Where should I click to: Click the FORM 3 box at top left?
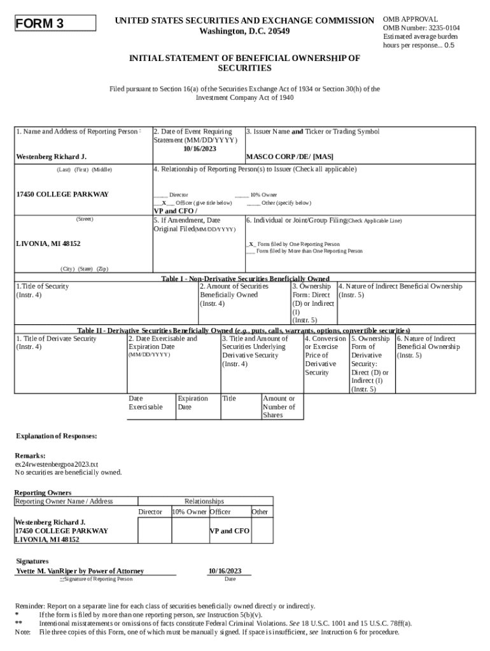pos(55,24)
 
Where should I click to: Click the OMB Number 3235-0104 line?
pos(421,28)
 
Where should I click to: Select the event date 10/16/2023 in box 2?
pos(200,148)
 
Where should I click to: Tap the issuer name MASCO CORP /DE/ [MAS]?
pos(290,156)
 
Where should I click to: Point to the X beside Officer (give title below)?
pos(164,202)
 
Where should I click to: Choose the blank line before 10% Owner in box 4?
pos(241,195)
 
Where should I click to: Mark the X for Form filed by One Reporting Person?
pos(252,244)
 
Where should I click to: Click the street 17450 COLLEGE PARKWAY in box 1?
pos(62,195)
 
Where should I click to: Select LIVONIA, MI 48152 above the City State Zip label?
pos(48,244)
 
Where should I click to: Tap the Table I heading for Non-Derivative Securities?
pos(245,278)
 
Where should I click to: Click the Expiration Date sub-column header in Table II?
pos(193,402)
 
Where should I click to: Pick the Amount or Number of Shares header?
pos(279,407)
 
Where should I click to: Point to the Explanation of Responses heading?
pos(57,436)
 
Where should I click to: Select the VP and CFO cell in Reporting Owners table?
pos(230,531)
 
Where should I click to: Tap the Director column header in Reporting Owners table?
pos(150,512)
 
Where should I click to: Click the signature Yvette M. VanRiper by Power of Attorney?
pos(80,571)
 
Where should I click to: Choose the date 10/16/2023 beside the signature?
pos(225,571)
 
